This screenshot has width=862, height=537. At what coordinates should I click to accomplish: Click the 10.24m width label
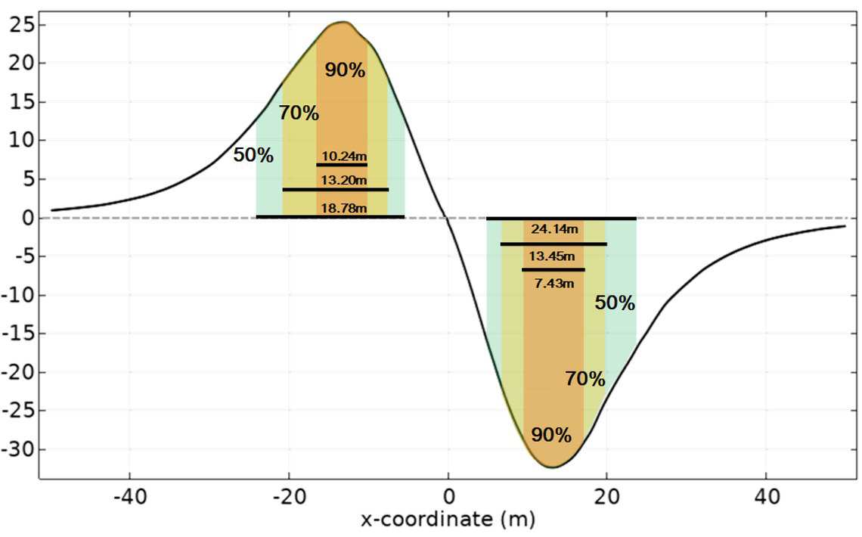[344, 156]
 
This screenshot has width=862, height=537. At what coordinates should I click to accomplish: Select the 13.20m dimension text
[344, 180]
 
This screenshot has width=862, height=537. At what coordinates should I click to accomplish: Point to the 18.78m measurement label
[344, 208]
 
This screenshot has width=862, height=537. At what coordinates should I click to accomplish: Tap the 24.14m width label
[555, 228]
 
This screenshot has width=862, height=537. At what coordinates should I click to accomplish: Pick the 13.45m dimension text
[552, 256]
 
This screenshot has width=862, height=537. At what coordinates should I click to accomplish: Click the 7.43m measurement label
[554, 283]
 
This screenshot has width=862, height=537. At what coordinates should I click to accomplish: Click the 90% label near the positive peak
[345, 70]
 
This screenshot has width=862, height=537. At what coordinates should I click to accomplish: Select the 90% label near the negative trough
[551, 435]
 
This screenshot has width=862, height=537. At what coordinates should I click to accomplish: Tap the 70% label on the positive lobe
[299, 113]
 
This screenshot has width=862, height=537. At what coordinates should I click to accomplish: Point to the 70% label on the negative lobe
[585, 379]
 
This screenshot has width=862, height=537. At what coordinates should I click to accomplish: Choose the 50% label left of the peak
[253, 155]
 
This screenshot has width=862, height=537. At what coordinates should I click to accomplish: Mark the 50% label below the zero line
[615, 303]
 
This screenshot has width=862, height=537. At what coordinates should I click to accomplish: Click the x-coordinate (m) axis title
[448, 519]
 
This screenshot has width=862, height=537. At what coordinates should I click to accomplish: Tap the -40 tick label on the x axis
[130, 497]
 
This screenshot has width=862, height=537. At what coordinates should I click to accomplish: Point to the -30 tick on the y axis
[17, 449]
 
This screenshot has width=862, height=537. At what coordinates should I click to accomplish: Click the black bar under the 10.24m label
[342, 164]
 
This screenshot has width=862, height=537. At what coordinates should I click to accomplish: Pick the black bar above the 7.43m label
[553, 269]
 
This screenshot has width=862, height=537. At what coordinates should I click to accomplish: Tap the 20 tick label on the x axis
[607, 497]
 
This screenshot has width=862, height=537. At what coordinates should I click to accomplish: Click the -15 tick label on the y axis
[17, 334]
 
